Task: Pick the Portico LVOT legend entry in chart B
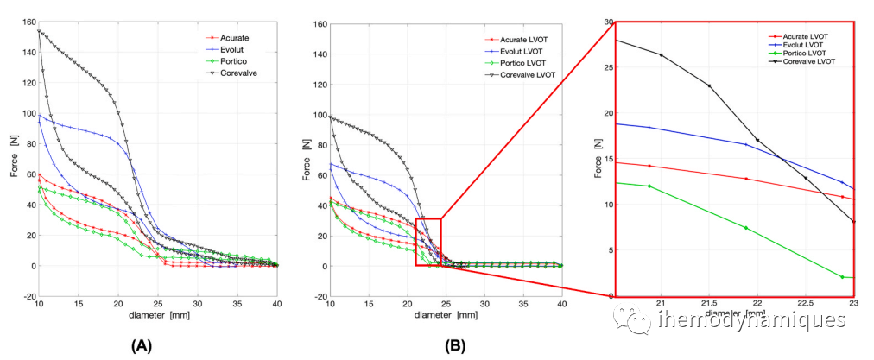click(x=522, y=64)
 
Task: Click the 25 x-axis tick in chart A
click(x=158, y=305)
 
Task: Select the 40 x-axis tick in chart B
click(x=561, y=305)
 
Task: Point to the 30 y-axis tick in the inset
click(x=608, y=22)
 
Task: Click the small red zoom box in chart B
click(x=428, y=242)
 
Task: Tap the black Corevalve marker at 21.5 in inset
click(x=709, y=85)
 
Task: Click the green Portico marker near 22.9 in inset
click(x=842, y=277)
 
